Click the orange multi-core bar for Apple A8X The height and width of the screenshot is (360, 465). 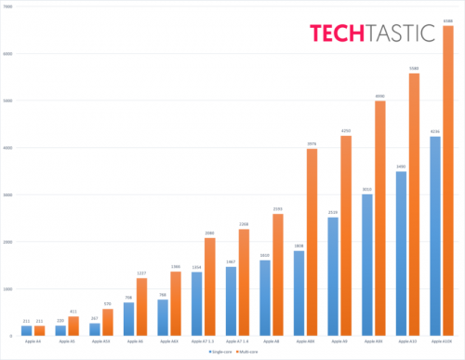tap(312, 242)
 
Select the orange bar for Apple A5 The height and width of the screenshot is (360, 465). tap(73, 326)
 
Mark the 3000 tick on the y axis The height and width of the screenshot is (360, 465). tap(8, 194)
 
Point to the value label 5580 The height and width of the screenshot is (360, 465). tap(414, 69)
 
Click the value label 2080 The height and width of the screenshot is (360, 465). tap(210, 233)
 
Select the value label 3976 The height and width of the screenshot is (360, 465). tap(312, 144)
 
